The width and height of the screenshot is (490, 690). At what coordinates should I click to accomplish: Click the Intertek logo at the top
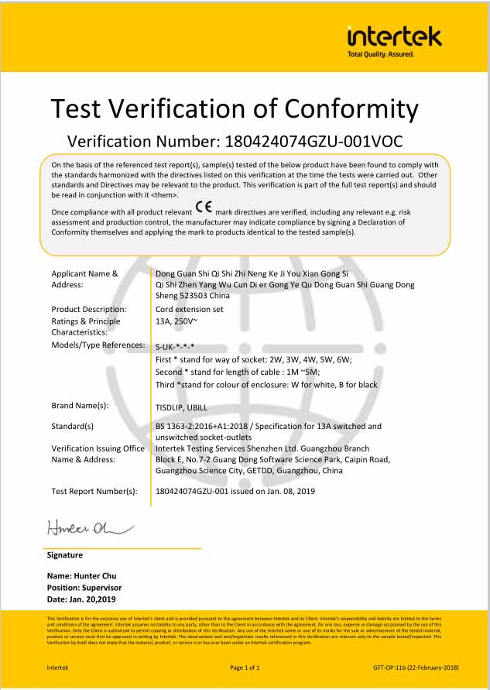(x=394, y=36)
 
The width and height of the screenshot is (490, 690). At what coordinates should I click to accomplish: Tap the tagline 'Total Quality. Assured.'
(x=381, y=54)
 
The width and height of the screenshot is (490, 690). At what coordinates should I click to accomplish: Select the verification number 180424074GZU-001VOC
(x=313, y=142)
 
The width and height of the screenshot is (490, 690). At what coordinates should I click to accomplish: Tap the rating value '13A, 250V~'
(x=176, y=321)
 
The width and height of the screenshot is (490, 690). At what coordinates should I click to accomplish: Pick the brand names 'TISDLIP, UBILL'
(x=187, y=405)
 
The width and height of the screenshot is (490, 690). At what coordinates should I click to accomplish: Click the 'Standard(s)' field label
(x=72, y=426)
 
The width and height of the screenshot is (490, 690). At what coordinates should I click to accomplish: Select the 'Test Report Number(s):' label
(x=94, y=491)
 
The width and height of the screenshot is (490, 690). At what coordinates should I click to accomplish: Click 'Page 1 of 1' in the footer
(x=245, y=666)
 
